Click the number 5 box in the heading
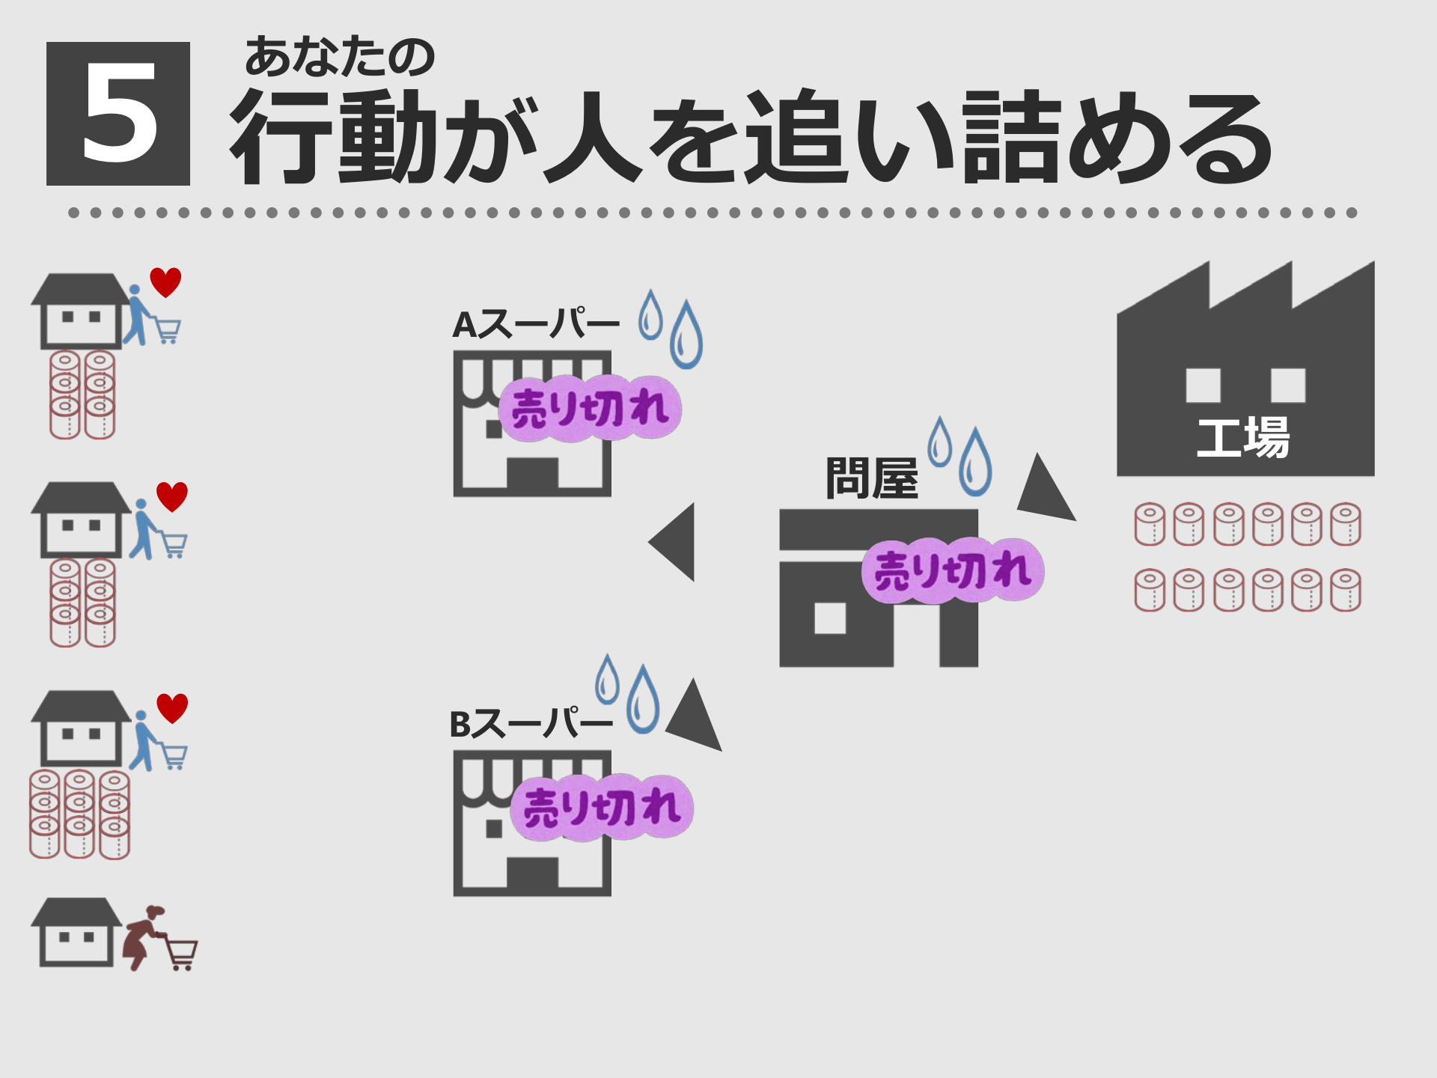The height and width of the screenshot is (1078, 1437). pos(118,114)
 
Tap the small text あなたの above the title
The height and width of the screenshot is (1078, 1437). pos(339,57)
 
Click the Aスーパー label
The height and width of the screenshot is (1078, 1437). pos(536,325)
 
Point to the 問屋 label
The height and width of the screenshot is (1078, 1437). pos(872,478)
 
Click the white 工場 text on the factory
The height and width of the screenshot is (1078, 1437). pos(1243,438)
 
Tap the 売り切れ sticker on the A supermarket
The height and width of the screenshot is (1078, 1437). pos(590,409)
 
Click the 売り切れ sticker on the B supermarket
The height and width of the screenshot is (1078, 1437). pos(602,807)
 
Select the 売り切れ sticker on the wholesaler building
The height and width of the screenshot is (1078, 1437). pos(953,570)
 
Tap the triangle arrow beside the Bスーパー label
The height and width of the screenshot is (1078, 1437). pos(695,716)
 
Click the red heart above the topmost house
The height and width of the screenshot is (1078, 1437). pos(165,282)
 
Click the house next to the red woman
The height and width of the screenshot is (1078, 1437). pos(76,933)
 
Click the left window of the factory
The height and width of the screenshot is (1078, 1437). pos(1203,385)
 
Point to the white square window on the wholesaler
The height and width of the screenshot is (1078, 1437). pos(829,618)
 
